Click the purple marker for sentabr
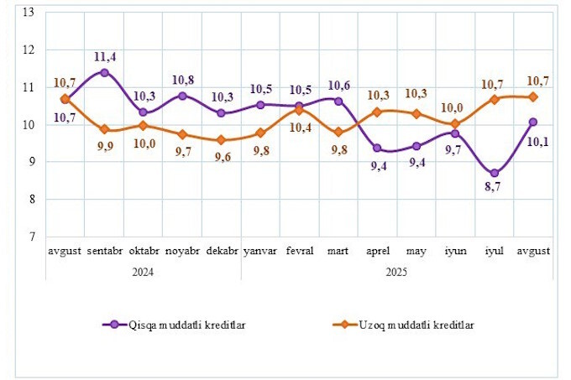pyautogui.click(x=104, y=72)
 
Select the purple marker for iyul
pyautogui.click(x=495, y=173)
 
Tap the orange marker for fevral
pyautogui.click(x=300, y=110)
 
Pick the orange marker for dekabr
pyautogui.click(x=221, y=140)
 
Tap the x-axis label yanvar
pyautogui.click(x=260, y=251)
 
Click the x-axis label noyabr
pyautogui.click(x=182, y=251)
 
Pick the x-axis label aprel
pyautogui.click(x=377, y=251)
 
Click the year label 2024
pyautogui.click(x=143, y=272)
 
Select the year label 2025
pyautogui.click(x=396, y=272)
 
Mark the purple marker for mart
pyautogui.click(x=338, y=101)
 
